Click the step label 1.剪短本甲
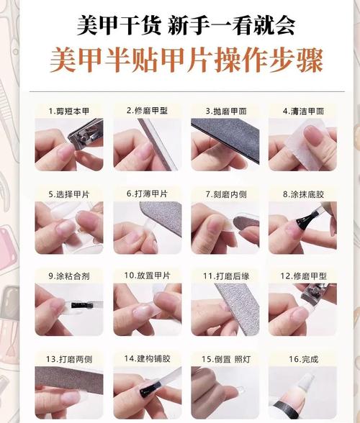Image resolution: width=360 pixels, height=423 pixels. click(69, 111)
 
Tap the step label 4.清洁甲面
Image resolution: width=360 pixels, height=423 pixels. click(303, 111)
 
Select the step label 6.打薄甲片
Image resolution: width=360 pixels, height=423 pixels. click(147, 194)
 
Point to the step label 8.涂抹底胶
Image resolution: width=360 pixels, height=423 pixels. click(303, 194)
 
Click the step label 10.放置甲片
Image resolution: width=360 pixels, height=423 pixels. click(148, 276)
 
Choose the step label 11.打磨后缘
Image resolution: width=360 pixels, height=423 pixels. click(226, 276)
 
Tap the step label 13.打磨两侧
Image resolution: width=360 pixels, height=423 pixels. click(69, 359)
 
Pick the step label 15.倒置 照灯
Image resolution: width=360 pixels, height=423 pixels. click(226, 359)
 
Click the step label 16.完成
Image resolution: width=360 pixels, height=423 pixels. click(304, 359)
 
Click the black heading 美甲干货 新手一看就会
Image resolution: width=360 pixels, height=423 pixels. click(186, 25)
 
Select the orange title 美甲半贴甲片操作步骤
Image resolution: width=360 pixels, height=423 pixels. click(186, 60)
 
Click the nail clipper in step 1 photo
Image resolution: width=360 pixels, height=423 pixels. click(86, 132)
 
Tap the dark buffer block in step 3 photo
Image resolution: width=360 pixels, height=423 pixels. click(225, 138)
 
